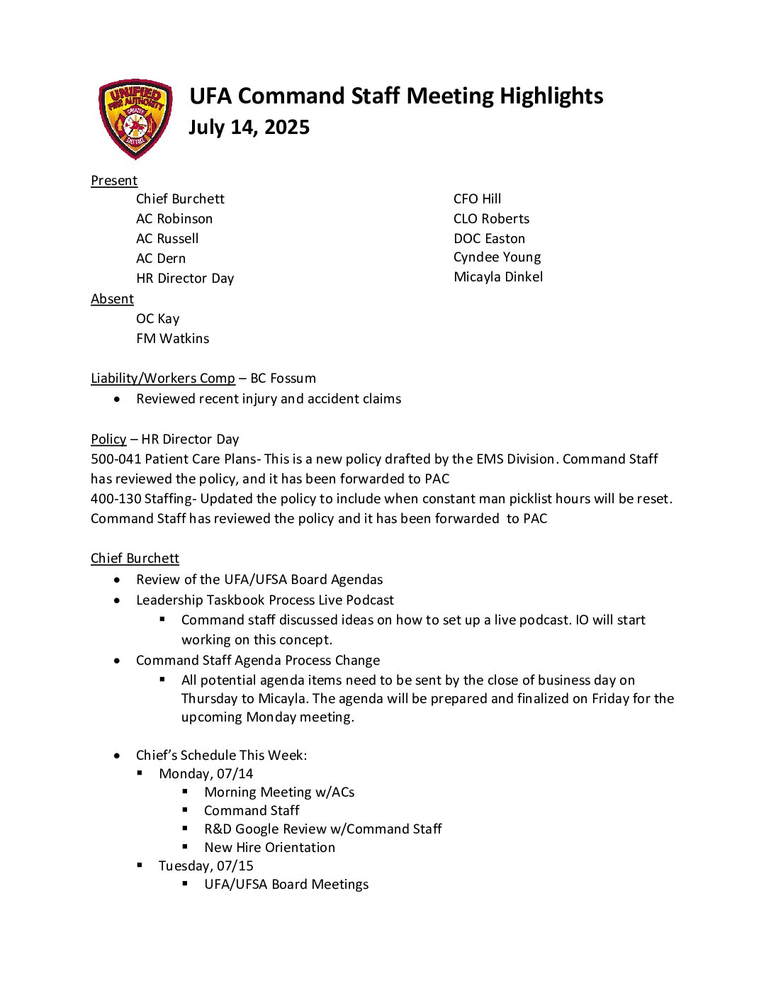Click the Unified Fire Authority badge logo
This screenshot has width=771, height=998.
click(x=135, y=118)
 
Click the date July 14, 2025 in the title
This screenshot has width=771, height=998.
click(x=249, y=128)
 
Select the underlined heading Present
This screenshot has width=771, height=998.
click(x=114, y=181)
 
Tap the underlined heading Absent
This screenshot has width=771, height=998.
click(x=112, y=299)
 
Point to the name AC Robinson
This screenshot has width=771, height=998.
click(x=174, y=219)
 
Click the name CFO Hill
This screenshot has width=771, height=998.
click(x=477, y=199)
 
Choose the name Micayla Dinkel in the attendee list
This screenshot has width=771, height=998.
click(x=498, y=277)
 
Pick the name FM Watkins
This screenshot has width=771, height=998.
click(x=173, y=339)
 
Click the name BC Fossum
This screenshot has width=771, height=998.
click(x=283, y=379)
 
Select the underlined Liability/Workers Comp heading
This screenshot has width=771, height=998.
click(x=163, y=379)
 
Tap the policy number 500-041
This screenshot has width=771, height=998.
click(x=116, y=459)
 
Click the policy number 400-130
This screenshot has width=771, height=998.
click(x=116, y=499)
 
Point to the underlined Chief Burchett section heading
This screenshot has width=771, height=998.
click(x=135, y=559)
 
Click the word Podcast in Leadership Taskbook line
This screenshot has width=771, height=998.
click(x=370, y=600)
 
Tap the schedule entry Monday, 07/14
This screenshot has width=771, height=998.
click(x=206, y=774)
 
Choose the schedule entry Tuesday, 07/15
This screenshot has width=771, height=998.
click(x=206, y=866)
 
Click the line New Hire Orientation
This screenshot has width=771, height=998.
click(x=269, y=848)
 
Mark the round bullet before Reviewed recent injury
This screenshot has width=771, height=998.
click(x=117, y=400)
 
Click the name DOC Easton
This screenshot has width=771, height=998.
click(x=489, y=239)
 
